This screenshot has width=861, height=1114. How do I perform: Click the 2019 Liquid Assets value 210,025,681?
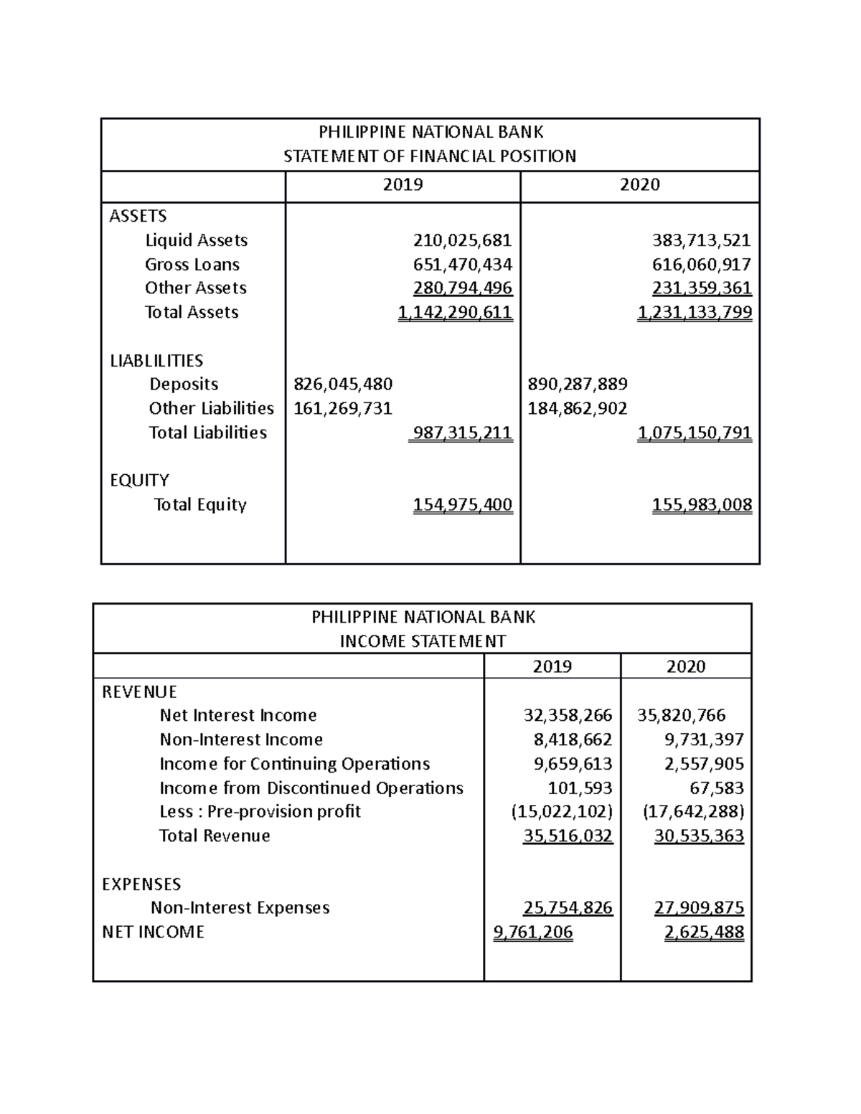coord(462,240)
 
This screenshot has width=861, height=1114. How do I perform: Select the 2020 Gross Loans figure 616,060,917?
coord(702,265)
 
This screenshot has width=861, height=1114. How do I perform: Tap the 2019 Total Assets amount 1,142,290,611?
coord(455,313)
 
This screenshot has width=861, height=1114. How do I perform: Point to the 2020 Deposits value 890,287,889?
coord(577,384)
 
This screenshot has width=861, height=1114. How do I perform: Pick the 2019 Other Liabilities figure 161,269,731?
coord(343,409)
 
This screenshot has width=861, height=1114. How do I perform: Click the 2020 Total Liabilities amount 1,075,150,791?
coord(695,433)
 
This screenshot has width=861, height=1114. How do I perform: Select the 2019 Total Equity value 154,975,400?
coord(462,505)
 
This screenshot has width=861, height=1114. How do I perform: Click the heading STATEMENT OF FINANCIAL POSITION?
coord(430,156)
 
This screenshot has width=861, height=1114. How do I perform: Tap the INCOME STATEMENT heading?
coord(423,641)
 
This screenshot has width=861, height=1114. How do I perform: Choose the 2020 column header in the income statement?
coord(686,666)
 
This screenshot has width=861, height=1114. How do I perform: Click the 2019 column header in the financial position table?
coord(403,185)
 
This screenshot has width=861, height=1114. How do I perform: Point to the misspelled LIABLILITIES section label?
coord(156,361)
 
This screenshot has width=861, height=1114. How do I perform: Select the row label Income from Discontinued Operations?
coord(311,788)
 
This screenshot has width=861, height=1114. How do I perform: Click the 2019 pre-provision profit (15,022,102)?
coord(562,812)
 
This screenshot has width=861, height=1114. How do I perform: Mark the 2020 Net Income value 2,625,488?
coord(704,933)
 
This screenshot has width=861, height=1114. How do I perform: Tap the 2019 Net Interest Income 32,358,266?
coord(568,715)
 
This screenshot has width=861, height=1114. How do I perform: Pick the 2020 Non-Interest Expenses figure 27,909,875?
coord(699,908)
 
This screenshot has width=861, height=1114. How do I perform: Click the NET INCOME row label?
coord(153,933)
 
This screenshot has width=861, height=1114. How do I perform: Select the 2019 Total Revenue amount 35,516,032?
coord(568,836)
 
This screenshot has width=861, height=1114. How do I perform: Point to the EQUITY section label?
coord(139,481)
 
